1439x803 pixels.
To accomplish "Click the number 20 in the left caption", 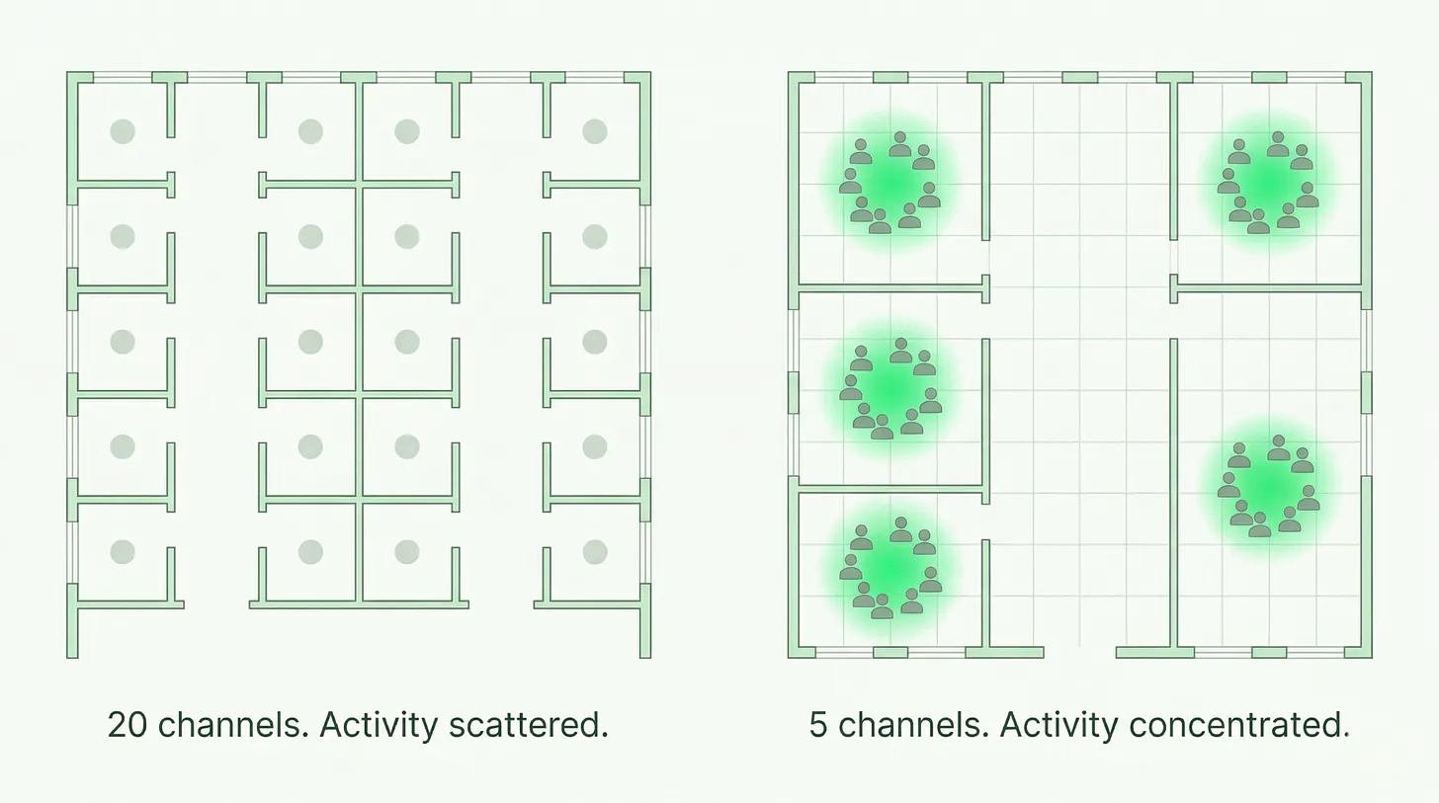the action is [x=128, y=725].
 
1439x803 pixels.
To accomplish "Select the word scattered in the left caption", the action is [x=528, y=725].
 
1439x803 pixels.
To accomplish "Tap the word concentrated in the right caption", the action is [x=1239, y=725].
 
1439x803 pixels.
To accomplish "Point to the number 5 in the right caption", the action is [x=817, y=725].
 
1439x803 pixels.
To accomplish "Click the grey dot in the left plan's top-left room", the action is [x=123, y=131].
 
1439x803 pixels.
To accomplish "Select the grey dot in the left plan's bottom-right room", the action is [x=595, y=551].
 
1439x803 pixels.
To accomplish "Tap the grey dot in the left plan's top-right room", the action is [x=595, y=131].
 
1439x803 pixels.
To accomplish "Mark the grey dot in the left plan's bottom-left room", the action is [x=123, y=551].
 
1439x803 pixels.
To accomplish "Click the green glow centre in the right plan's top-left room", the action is [x=890, y=184].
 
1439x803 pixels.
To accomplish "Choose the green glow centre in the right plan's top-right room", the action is [x=1268, y=184].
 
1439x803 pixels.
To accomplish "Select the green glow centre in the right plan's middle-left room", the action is [x=890, y=389].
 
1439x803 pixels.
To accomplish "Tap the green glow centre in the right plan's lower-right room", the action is [x=1268, y=487].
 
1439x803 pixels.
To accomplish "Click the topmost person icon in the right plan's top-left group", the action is [x=900, y=144].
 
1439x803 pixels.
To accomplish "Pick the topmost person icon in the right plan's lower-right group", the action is [x=1279, y=448].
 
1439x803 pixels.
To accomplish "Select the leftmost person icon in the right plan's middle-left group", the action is [x=851, y=388].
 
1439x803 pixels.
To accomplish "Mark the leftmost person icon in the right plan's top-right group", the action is [x=1228, y=181].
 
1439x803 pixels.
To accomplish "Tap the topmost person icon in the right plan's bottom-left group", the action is [x=900, y=529].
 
